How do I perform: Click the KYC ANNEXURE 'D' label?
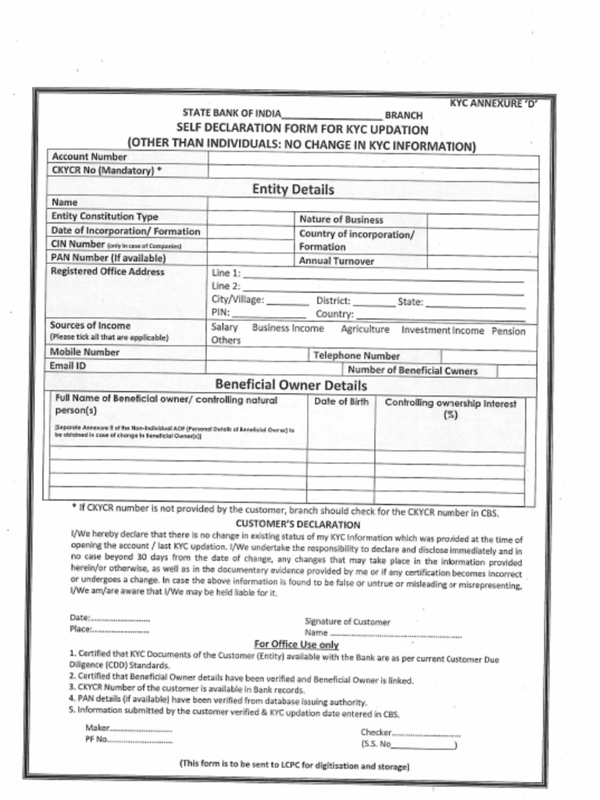[493, 103]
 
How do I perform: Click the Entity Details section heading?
[293, 190]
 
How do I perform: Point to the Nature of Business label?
[341, 220]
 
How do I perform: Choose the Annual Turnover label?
[337, 261]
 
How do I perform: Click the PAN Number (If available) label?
[109, 257]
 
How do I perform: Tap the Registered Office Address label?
[108, 272]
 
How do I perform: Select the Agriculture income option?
[365, 330]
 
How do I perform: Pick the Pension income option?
[509, 330]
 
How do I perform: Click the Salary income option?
[225, 328]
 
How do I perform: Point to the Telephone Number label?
[356, 355]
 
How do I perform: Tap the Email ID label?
[69, 366]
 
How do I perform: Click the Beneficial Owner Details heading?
[291, 385]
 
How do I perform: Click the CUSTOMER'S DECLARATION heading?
[298, 525]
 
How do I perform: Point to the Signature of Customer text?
[347, 622]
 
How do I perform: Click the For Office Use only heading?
[297, 645]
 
